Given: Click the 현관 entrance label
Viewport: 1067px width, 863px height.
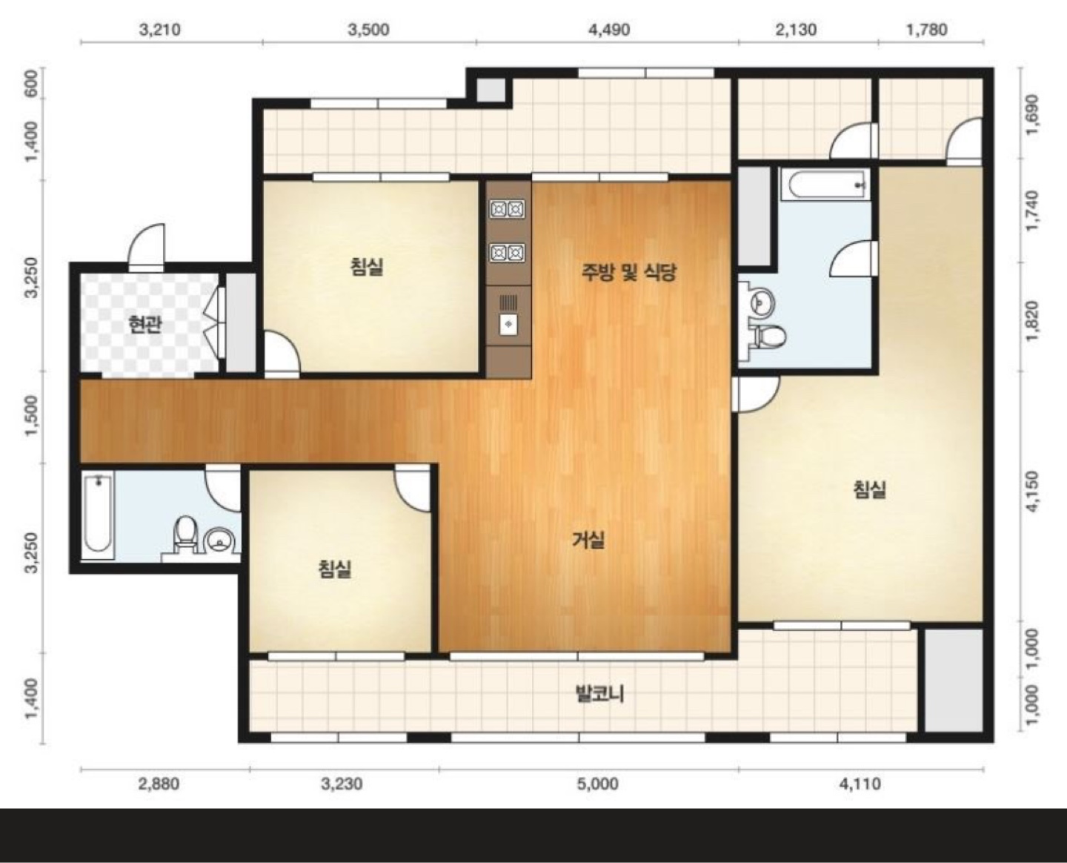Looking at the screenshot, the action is tap(144, 324).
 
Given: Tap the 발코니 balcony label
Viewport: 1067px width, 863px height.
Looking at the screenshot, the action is tap(599, 695).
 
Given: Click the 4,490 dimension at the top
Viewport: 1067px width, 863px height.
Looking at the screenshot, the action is tap(608, 30).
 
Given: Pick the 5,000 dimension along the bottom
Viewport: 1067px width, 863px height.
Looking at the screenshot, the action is tap(598, 784).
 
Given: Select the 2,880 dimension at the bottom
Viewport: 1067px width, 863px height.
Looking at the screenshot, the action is tap(159, 784).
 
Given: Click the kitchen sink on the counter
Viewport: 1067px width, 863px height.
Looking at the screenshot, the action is tap(508, 325).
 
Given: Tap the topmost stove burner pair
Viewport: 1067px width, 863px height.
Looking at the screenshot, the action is tap(508, 209).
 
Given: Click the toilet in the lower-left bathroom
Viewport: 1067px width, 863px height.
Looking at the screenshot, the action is tap(185, 535).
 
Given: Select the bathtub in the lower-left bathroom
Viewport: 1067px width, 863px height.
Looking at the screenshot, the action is tap(99, 516).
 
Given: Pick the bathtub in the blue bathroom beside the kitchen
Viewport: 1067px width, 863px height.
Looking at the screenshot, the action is tap(828, 185).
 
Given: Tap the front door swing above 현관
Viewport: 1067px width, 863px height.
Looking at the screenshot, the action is tap(146, 248).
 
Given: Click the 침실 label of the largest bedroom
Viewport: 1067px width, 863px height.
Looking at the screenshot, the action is tap(870, 489).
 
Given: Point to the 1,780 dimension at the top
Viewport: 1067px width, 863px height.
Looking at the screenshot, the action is tap(927, 30).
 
